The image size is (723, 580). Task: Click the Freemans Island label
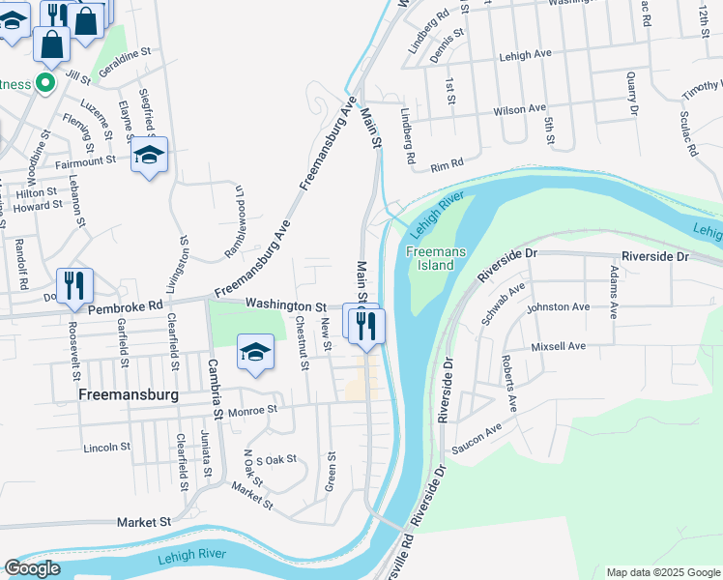tap(436, 258)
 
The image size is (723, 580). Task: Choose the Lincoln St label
tap(106, 447)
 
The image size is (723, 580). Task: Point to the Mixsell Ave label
tap(558, 346)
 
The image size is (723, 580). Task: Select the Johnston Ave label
tap(558, 307)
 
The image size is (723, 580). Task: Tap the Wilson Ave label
tap(519, 109)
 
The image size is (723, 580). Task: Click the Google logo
tap(32, 568)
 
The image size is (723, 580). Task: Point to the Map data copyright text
tap(662, 572)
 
